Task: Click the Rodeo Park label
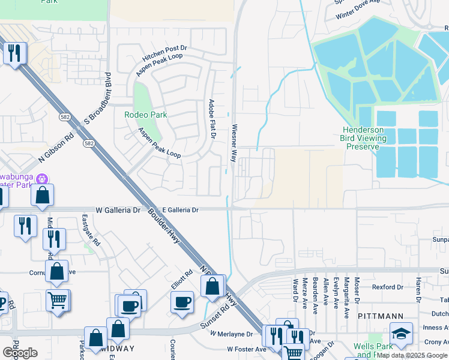tap(145, 115)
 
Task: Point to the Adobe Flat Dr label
tap(211, 119)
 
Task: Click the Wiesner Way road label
tap(234, 143)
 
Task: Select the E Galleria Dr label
tap(179, 210)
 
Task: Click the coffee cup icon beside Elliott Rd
tap(182, 301)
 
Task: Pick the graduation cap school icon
tap(401, 334)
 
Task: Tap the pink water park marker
tap(42, 178)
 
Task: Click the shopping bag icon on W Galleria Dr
tap(43, 195)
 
